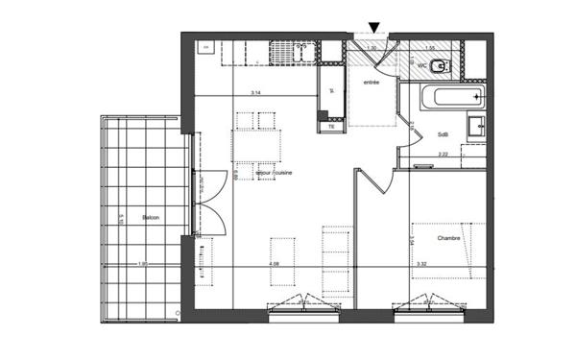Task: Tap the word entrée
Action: click(371, 84)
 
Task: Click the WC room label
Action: click(420, 64)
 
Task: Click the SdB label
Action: click(444, 134)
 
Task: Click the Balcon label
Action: click(151, 219)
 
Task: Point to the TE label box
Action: click(331, 126)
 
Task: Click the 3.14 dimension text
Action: click(255, 93)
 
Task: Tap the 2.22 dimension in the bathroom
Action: click(443, 154)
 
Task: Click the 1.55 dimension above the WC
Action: click(431, 47)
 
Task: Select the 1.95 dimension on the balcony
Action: click(142, 264)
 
